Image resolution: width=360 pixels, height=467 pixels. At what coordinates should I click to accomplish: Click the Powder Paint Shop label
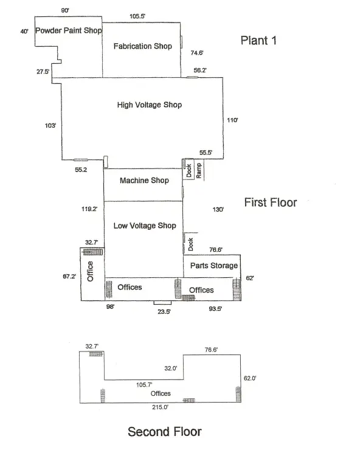[69, 30]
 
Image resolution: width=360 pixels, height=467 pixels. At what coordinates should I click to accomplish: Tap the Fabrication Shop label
[143, 46]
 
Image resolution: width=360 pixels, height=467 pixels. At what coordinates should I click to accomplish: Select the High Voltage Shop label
[150, 105]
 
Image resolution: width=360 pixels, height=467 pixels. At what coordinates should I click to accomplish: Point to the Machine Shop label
[144, 180]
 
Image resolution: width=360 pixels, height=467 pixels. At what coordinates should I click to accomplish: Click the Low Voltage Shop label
[145, 226]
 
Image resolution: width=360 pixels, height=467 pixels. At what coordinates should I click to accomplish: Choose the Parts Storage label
[214, 265]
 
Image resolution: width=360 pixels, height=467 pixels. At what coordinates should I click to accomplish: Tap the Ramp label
[199, 171]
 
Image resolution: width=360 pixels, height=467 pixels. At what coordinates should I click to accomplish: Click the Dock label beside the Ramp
[189, 171]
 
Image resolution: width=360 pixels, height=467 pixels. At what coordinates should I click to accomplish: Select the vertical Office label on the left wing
[90, 271]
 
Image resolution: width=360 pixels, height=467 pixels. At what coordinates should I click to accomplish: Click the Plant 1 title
[258, 41]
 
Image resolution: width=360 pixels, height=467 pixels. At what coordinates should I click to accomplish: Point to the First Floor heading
[271, 202]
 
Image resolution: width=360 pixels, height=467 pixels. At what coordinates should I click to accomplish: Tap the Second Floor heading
[165, 432]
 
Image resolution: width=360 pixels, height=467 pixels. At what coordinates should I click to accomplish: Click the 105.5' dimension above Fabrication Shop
[137, 16]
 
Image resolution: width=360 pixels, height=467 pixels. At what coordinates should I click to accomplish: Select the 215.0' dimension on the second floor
[160, 407]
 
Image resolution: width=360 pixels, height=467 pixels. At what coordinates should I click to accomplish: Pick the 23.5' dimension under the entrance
[164, 311]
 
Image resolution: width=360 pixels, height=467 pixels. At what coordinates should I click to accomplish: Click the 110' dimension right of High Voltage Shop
[232, 120]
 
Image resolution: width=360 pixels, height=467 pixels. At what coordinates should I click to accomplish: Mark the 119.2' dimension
[89, 209]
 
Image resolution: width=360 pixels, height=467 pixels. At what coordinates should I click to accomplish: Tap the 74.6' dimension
[197, 53]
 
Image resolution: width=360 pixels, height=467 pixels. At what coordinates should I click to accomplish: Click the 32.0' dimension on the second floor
[171, 368]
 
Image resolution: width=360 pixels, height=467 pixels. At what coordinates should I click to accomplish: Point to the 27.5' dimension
[43, 72]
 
